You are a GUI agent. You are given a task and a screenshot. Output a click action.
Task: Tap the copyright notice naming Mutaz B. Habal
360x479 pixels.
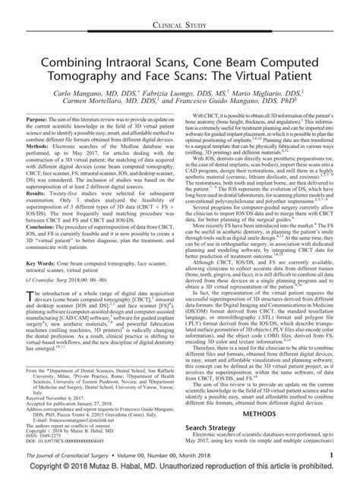pyautogui.click(x=180, y=470)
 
